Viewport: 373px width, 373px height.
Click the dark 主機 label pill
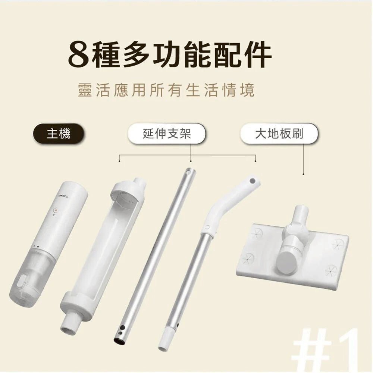[59, 134]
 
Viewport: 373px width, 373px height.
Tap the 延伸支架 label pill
[167, 134]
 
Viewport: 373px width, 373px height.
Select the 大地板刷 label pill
[279, 134]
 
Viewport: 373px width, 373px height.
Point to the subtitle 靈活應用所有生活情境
[166, 90]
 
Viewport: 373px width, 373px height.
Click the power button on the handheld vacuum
[56, 210]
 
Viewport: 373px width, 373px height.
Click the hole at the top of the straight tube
[189, 172]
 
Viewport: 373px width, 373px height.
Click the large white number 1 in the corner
[345, 350]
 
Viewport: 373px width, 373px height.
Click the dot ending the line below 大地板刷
[303, 174]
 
